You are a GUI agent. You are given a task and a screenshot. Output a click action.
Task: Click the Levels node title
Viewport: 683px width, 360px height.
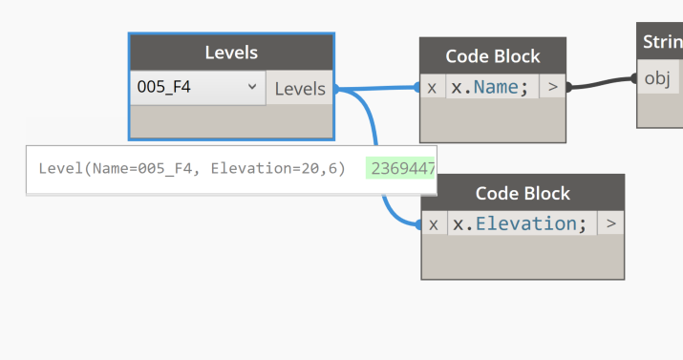click(231, 53)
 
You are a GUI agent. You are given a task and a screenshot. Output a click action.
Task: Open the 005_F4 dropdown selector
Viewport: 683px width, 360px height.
click(197, 88)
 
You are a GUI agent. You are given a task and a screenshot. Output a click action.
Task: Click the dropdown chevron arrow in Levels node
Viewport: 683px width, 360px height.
click(252, 88)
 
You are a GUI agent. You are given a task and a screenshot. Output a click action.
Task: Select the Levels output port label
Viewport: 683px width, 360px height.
click(300, 89)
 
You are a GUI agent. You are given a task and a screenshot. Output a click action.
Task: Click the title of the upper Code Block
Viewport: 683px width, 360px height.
click(493, 56)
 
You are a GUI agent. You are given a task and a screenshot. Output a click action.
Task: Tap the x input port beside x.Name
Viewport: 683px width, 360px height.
click(432, 87)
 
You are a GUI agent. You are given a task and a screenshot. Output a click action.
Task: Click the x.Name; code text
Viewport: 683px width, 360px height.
click(490, 87)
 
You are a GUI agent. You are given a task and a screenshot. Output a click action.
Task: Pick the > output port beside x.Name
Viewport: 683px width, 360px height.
click(552, 87)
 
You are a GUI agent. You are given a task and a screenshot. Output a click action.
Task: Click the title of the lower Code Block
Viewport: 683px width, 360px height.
click(523, 193)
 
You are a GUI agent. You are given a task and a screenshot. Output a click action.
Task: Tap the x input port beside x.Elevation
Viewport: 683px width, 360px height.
click(433, 223)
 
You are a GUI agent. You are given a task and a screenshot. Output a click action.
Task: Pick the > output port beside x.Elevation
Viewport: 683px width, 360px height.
click(610, 223)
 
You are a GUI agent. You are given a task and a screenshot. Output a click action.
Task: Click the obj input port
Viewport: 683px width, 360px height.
click(658, 78)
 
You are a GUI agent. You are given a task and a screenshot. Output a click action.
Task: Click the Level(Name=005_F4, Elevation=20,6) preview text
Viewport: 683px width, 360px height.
click(192, 169)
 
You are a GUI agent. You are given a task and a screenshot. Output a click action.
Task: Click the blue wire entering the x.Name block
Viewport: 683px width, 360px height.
click(382, 88)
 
